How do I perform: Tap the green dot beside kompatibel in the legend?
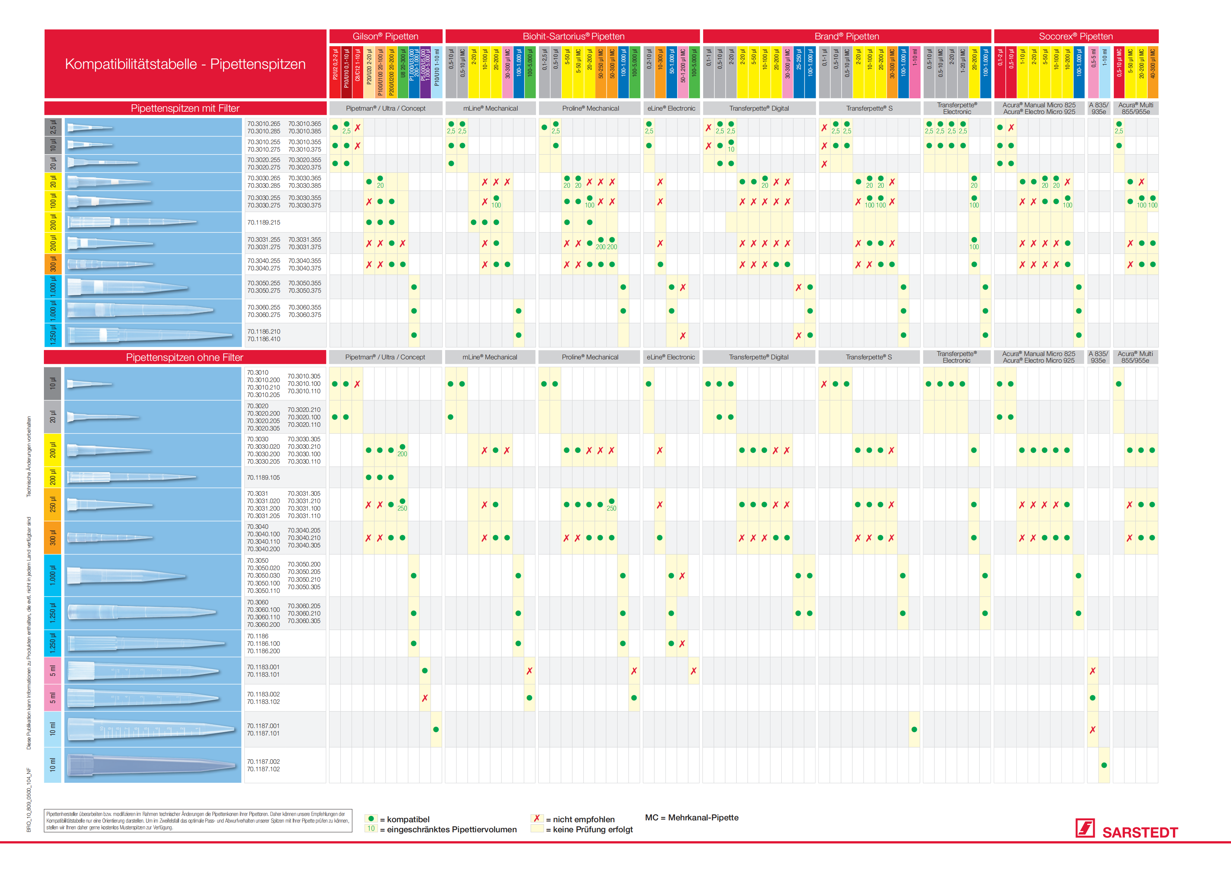(371, 818)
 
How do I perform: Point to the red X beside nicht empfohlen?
(536, 818)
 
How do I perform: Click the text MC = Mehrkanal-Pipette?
(692, 817)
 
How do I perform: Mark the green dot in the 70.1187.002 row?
(1104, 765)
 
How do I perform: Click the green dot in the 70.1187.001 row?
(436, 729)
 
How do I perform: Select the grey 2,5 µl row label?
(52, 127)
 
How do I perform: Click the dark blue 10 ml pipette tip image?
(153, 765)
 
